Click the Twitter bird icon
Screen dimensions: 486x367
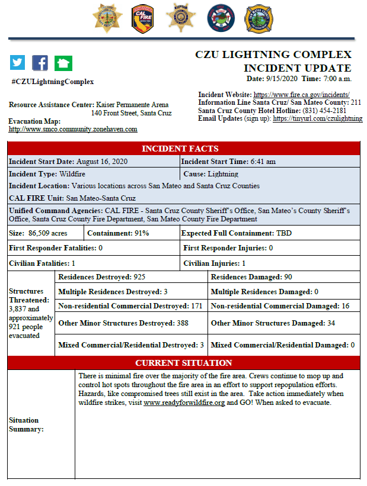(18, 63)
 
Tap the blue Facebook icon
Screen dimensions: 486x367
(40, 63)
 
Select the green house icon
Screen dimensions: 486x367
(63, 63)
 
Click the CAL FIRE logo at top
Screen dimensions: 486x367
(142, 18)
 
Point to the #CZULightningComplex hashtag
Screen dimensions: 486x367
(52, 82)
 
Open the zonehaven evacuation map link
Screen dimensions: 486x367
(73, 129)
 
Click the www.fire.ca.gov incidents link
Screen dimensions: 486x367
(301, 95)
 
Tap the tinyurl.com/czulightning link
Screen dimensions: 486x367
(317, 118)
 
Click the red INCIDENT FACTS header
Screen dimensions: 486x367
(183, 149)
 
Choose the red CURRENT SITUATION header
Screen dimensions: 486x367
(183, 362)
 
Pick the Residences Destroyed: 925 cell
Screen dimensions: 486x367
(102, 277)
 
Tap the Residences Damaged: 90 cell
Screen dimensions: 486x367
(251, 277)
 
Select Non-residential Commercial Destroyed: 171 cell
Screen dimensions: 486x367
(130, 306)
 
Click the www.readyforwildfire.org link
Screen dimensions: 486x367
(184, 403)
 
